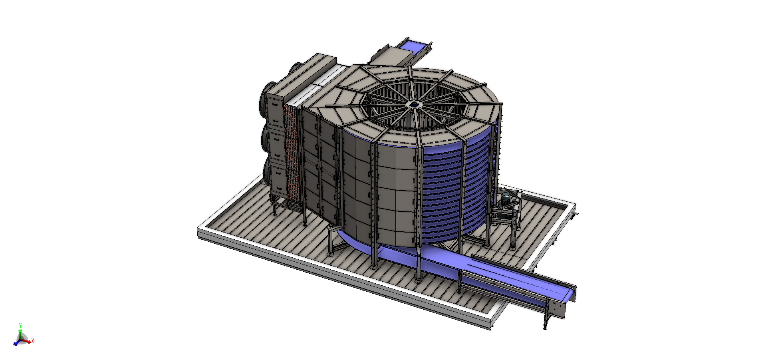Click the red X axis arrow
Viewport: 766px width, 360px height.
point(27,341)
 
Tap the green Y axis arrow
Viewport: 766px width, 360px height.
point(20,333)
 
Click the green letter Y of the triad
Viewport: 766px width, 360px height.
point(20,326)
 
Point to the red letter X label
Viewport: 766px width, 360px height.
point(33,341)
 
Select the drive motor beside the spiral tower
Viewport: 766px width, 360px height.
point(506,199)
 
